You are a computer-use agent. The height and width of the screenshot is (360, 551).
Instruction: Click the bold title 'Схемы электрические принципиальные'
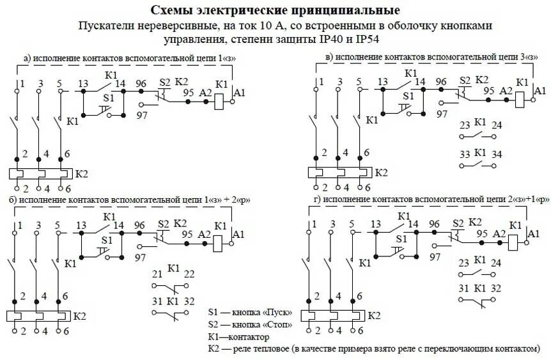pyautogui.click(x=275, y=11)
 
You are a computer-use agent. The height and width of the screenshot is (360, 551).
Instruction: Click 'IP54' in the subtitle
pyautogui.click(x=375, y=39)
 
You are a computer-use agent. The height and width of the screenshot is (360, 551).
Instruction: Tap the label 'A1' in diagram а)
pyautogui.click(x=240, y=93)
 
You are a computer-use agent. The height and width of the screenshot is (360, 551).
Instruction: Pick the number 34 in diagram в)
pyautogui.click(x=497, y=155)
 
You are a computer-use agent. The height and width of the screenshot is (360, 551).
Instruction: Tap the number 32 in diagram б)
pyautogui.click(x=190, y=301)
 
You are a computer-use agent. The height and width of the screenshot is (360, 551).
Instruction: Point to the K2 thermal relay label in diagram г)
pyautogui.click(x=375, y=316)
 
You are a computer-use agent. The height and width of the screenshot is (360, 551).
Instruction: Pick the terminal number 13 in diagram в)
pyautogui.click(x=383, y=82)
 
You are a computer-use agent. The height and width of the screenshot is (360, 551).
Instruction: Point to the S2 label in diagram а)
pyautogui.click(x=165, y=82)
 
